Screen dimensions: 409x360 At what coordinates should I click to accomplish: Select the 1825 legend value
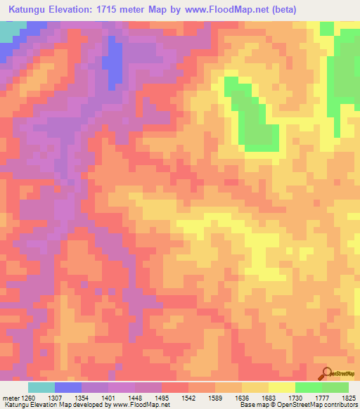(349, 397)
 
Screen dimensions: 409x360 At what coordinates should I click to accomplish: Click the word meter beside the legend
(10, 397)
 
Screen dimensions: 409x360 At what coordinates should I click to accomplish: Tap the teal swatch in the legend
(41, 387)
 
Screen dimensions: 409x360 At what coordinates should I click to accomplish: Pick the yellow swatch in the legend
(281, 387)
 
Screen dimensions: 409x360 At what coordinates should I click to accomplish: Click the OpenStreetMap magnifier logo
(326, 373)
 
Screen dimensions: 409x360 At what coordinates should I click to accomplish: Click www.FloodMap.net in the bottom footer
(140, 405)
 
